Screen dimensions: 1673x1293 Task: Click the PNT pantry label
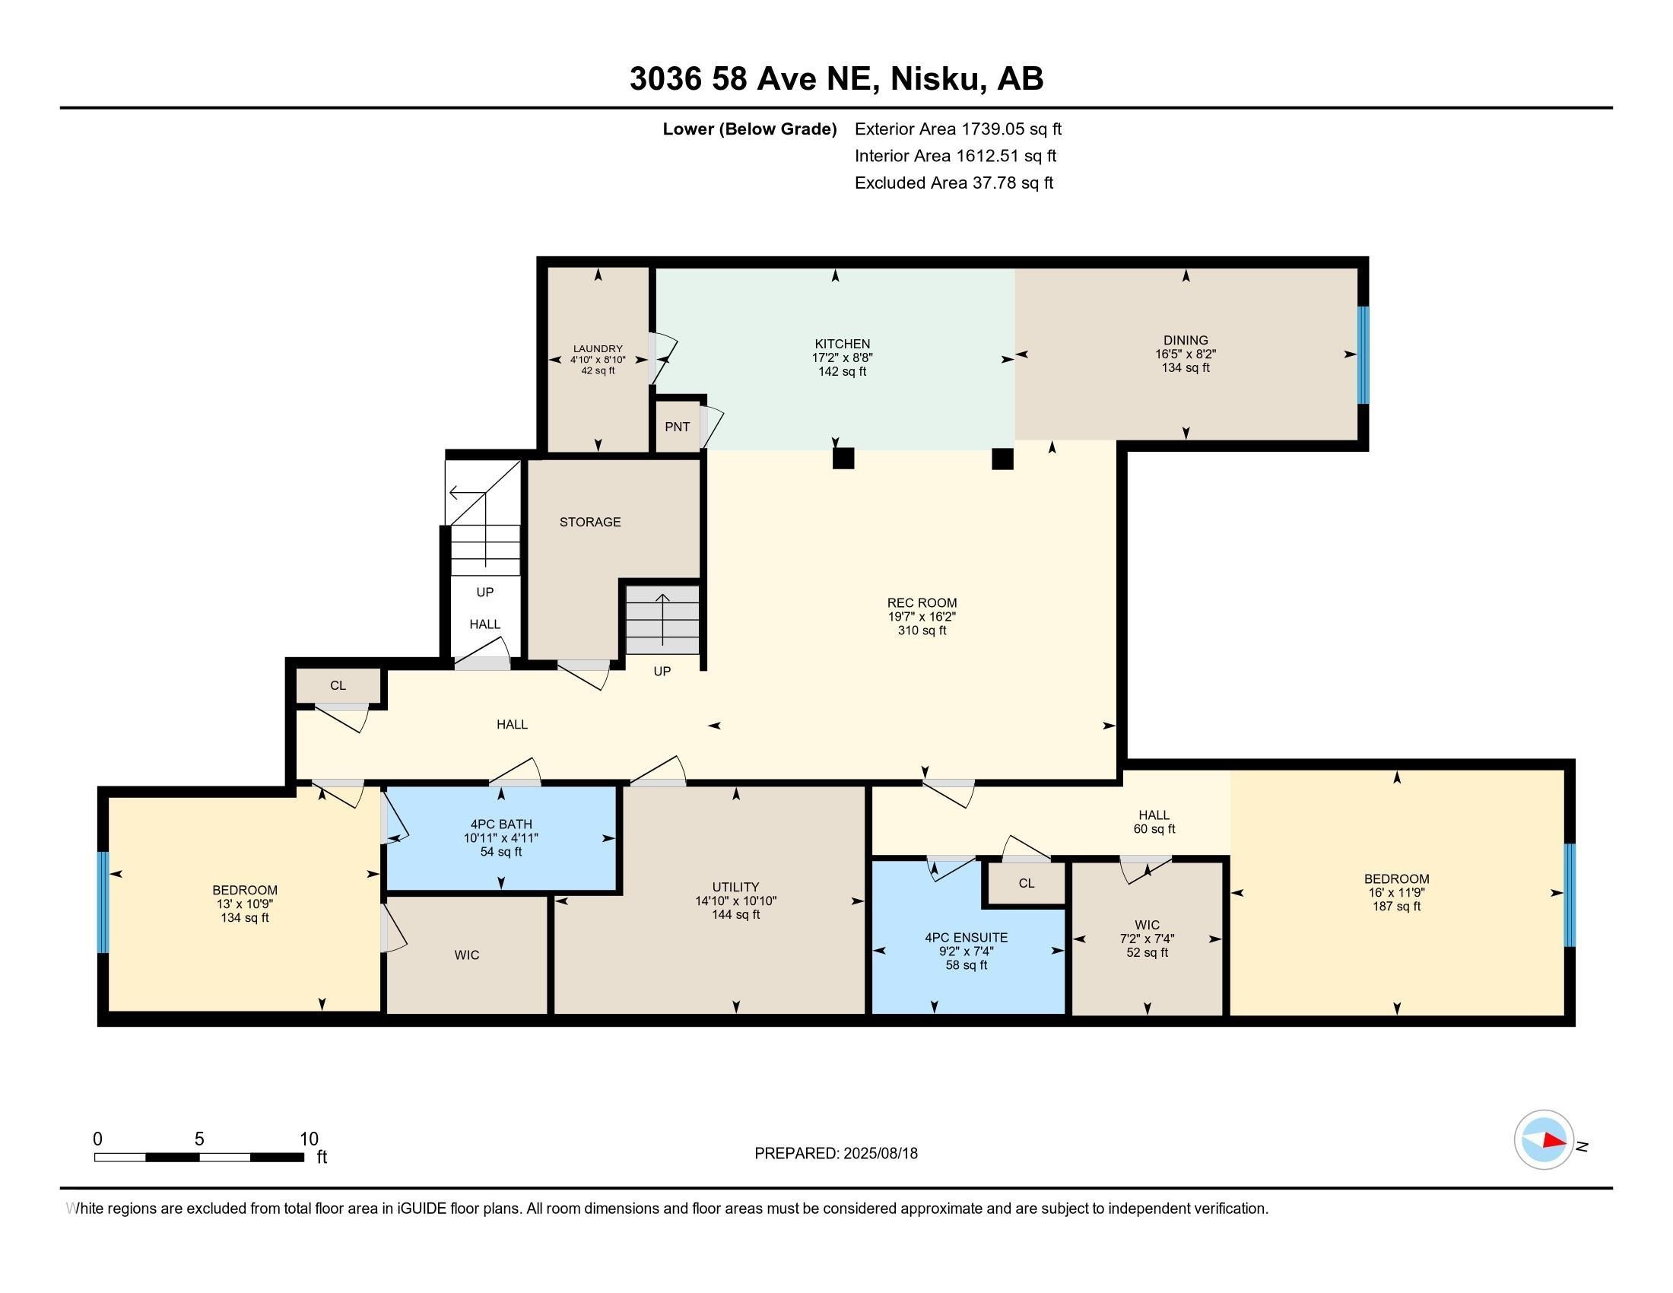pyautogui.click(x=677, y=427)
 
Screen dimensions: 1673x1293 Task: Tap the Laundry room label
pyautogui.click(x=598, y=348)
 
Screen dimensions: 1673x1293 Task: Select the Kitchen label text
pyautogui.click(x=842, y=344)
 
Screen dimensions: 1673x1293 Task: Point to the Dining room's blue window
pyautogui.click(x=1363, y=354)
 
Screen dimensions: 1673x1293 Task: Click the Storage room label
pyautogui.click(x=590, y=522)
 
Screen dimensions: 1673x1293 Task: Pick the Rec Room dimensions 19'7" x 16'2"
pyautogui.click(x=922, y=617)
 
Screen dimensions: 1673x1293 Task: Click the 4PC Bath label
pyautogui.click(x=501, y=824)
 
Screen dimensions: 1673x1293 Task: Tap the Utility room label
pyautogui.click(x=735, y=887)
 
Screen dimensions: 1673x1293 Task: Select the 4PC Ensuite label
pyautogui.click(x=966, y=938)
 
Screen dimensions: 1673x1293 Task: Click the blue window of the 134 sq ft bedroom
pyautogui.click(x=103, y=901)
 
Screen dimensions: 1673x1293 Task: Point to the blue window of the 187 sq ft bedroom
pyautogui.click(x=1569, y=894)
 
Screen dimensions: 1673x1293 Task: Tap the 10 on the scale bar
pyautogui.click(x=309, y=1139)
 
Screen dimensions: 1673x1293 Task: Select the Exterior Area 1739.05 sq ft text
pyautogui.click(x=958, y=129)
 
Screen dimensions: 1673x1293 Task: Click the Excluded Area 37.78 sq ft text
pyautogui.click(x=954, y=183)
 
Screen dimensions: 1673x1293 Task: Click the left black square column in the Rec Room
pyautogui.click(x=843, y=459)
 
